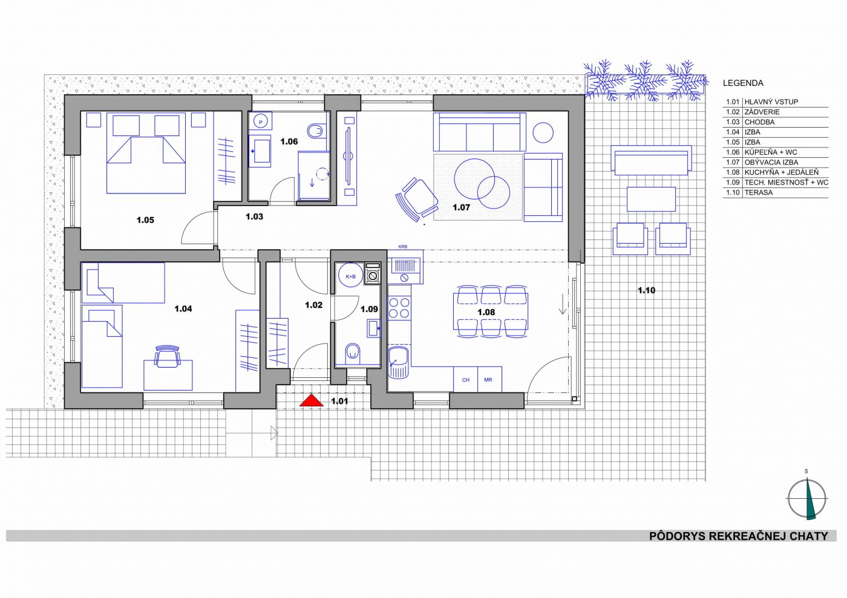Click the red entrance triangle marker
[x=311, y=401]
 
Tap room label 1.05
[x=145, y=220]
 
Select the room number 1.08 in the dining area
[x=486, y=312]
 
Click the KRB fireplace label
[x=403, y=247]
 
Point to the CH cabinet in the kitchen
[x=465, y=380]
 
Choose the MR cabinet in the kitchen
[x=489, y=380]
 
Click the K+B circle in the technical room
[x=350, y=276]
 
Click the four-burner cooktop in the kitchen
[x=399, y=308]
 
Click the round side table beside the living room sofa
[x=543, y=132]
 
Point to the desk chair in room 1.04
[x=168, y=356]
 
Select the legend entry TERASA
[x=757, y=193]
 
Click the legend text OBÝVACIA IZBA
[x=771, y=163]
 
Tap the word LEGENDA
[x=743, y=83]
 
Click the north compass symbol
[x=806, y=499]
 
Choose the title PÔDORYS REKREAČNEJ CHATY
[x=739, y=536]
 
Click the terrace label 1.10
[x=646, y=290]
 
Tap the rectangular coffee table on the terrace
[x=651, y=199]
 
